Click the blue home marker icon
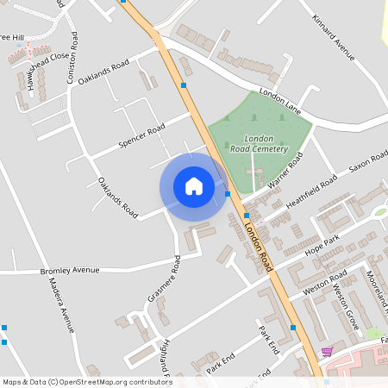pyautogui.click(x=193, y=185)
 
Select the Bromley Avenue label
pyautogui.click(x=71, y=272)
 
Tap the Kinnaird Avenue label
pyautogui.click(x=334, y=39)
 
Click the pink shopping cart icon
pyautogui.click(x=327, y=352)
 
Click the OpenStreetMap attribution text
pyautogui.click(x=86, y=382)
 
